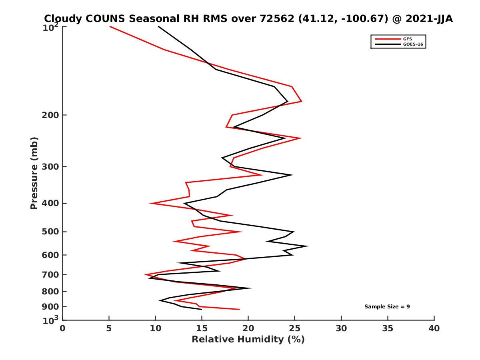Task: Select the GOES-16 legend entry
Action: point(413,44)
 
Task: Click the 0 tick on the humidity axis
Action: point(63,329)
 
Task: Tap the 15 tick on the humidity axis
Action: point(202,329)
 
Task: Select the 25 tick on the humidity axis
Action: point(295,329)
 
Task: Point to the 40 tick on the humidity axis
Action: point(434,329)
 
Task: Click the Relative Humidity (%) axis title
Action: point(248,340)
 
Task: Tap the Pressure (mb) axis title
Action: point(34,173)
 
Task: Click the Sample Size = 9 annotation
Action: point(387,307)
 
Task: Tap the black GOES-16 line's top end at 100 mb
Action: point(158,26)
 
